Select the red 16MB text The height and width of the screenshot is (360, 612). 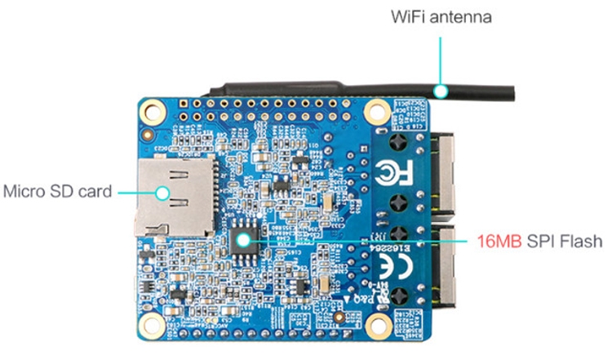[x=497, y=242]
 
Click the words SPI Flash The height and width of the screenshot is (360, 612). [x=561, y=242]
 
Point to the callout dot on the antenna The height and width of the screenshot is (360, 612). [x=441, y=90]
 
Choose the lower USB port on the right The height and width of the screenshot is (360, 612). [x=441, y=265]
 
